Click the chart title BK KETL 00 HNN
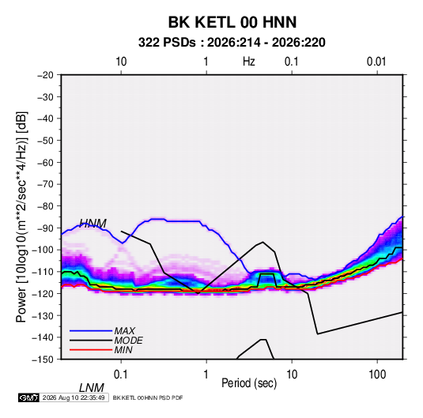(x=232, y=22)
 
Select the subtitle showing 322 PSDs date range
(x=232, y=43)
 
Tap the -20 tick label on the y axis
(x=45, y=75)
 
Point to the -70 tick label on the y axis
(x=45, y=184)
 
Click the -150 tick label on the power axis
(x=43, y=360)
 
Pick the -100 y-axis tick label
(x=43, y=250)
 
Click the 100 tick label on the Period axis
(x=377, y=375)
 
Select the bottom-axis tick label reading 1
(x=206, y=375)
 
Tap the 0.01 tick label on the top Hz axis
(x=376, y=62)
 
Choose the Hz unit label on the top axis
(x=249, y=62)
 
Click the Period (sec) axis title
(x=249, y=383)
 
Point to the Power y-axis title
(x=21, y=217)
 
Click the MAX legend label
(x=125, y=330)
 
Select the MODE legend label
(x=128, y=341)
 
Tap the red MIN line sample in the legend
(x=91, y=350)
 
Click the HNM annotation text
(x=93, y=224)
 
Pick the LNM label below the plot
(x=92, y=388)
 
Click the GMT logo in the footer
(x=29, y=397)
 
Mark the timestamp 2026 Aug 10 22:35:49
(x=74, y=397)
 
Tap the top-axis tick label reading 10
(x=121, y=62)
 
